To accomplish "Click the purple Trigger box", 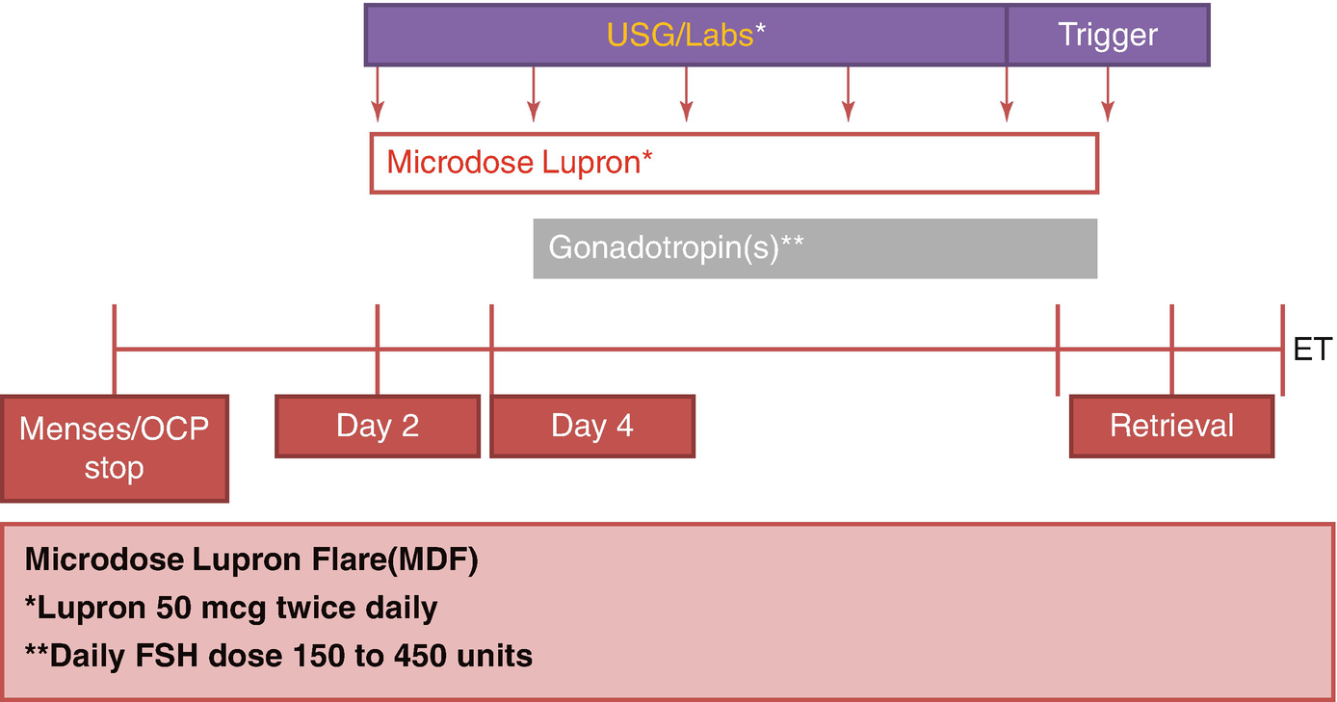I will pyautogui.click(x=1108, y=36).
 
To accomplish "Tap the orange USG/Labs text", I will pyautogui.click(x=680, y=36).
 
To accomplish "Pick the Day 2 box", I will pyautogui.click(x=378, y=426).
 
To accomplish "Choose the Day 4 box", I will pyautogui.click(x=592, y=426).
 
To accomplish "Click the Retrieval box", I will pyautogui.click(x=1171, y=426).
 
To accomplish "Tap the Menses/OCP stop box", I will pyautogui.click(x=114, y=448).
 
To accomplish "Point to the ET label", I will pyautogui.click(x=1312, y=350).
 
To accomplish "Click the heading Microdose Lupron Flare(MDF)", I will pyautogui.click(x=251, y=560).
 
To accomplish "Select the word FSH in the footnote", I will pyautogui.click(x=149, y=656).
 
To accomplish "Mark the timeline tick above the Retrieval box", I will pyautogui.click(x=1171, y=350).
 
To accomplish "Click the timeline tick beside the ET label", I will pyautogui.click(x=1282, y=350).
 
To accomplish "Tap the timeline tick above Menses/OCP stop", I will pyautogui.click(x=115, y=350).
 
